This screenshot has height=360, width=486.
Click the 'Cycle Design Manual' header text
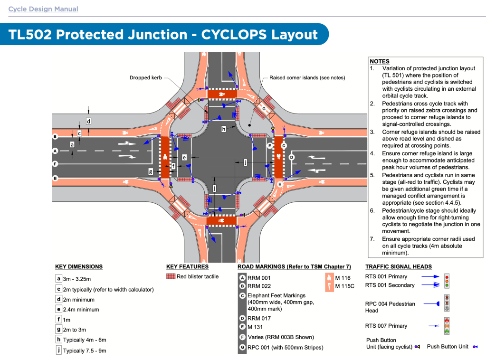coord(43,9)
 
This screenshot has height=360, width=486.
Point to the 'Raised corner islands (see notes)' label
coord(307,77)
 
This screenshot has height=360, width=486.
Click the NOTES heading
coord(379,61)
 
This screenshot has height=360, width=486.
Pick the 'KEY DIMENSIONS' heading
coord(79,267)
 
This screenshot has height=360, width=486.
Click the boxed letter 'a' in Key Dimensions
coord(58,279)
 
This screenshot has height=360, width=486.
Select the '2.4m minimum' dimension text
coord(81,310)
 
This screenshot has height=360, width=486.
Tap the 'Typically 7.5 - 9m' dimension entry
coord(85,351)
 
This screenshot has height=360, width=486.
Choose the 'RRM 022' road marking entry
coord(258,286)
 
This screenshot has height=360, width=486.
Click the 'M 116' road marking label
coord(343,278)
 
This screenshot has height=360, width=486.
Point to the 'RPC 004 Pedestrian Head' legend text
coord(390,307)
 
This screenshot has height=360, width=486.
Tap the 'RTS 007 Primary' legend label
coord(386,326)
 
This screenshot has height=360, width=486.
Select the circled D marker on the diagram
coord(292,157)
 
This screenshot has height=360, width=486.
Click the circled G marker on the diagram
coord(263,109)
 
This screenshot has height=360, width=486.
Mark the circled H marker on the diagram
coord(280,184)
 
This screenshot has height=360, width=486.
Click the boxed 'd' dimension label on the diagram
coord(88,121)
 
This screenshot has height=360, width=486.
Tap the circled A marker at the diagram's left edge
coord(56,151)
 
